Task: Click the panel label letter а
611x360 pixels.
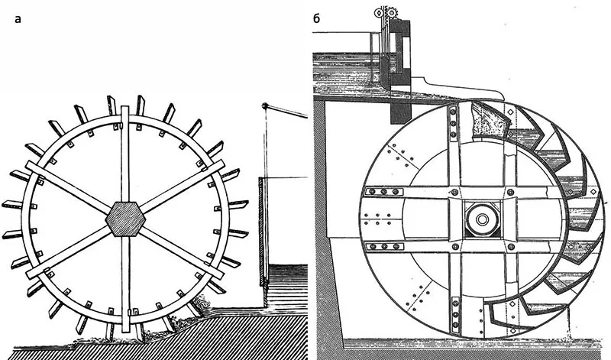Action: (x=18, y=18)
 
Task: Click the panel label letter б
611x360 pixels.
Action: (x=316, y=18)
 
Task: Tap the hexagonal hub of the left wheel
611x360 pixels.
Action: (x=125, y=219)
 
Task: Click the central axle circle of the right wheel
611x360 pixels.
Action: (x=483, y=219)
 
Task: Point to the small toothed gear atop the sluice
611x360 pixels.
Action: (x=391, y=13)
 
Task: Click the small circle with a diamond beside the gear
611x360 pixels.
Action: (x=378, y=13)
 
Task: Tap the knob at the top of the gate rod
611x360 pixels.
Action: (x=264, y=105)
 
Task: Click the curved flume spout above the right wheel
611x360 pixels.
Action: (x=460, y=88)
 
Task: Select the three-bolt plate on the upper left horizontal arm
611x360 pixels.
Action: (x=385, y=192)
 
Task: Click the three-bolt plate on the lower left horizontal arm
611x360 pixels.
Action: (x=385, y=247)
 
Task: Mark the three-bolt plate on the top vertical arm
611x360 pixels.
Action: (x=453, y=123)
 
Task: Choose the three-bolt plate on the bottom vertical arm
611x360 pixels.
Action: (x=454, y=315)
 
